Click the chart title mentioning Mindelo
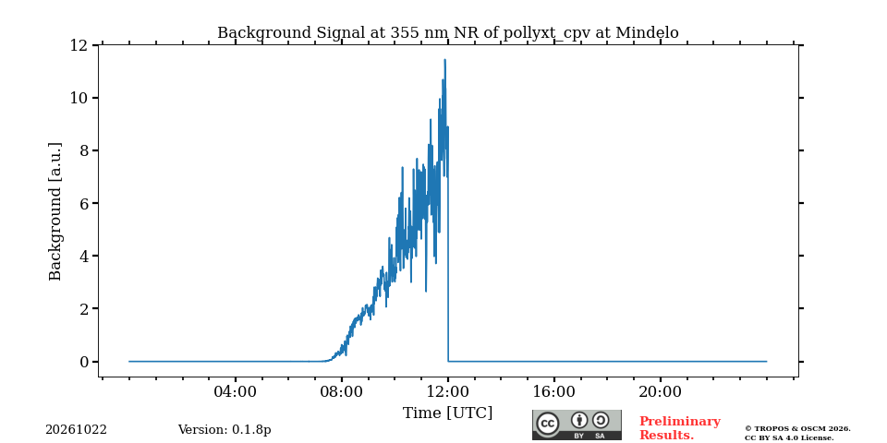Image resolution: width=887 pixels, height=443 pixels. pos(447,33)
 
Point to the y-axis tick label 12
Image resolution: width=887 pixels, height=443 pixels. pos(79,45)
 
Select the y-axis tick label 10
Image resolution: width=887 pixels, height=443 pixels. pos(79,98)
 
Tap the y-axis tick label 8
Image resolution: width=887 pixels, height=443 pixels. pos(84,150)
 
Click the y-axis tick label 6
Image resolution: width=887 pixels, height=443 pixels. pos(84,203)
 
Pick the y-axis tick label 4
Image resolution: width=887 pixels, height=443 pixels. pos(84,256)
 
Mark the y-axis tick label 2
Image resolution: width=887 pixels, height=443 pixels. pos(84,308)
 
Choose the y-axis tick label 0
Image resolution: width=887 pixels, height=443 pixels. pos(84,362)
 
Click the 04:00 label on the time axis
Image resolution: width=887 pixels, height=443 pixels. pos(236,391)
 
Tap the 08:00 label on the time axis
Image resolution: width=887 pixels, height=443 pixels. pos(342,391)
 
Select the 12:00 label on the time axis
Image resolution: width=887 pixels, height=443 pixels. pos(448,391)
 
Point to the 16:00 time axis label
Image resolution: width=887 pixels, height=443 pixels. pos(553,391)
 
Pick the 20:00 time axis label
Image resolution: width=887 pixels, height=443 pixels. pos(660,391)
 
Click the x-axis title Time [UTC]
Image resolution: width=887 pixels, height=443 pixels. pos(447,413)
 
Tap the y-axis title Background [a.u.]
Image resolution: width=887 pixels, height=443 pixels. pos(55,211)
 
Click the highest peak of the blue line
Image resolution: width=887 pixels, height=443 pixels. pos(444,59)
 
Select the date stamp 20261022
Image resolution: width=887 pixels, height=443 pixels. pos(76,430)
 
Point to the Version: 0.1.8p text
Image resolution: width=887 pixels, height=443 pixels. pos(225,430)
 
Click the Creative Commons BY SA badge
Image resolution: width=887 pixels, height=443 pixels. pos(577,425)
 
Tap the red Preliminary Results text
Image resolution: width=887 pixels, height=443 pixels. pos(680,428)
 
